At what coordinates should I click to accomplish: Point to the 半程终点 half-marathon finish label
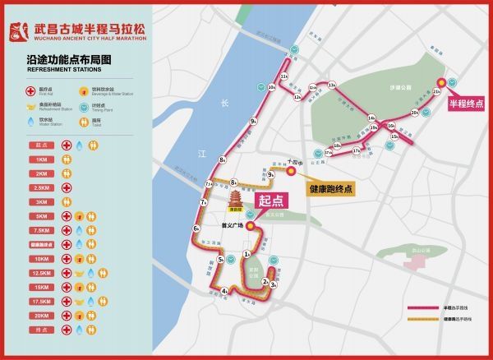tap(465, 104)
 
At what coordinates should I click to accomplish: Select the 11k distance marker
tap(284, 76)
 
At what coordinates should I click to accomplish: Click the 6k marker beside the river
tap(196, 228)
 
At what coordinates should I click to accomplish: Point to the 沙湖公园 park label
tap(398, 86)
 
